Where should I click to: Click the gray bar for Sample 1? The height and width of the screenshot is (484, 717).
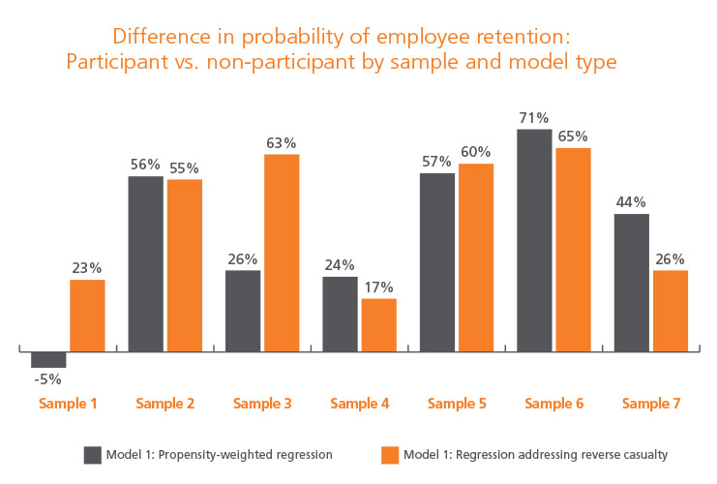point(48,358)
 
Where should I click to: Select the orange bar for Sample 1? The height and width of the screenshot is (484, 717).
point(87,315)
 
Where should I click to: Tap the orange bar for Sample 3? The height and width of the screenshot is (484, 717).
point(282,252)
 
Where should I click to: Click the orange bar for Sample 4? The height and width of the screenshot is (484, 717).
point(378,324)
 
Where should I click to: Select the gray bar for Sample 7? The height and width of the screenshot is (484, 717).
point(631,282)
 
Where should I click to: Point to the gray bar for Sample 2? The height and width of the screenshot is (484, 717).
point(145,262)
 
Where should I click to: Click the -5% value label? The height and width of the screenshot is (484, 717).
point(48,378)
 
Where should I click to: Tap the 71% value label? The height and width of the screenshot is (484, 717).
point(534,118)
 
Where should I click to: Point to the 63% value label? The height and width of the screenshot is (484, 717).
point(282,143)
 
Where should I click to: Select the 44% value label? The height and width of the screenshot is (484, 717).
point(631,202)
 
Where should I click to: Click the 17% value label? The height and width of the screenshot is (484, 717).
point(378,287)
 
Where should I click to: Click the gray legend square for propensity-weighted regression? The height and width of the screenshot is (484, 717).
point(93,454)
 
